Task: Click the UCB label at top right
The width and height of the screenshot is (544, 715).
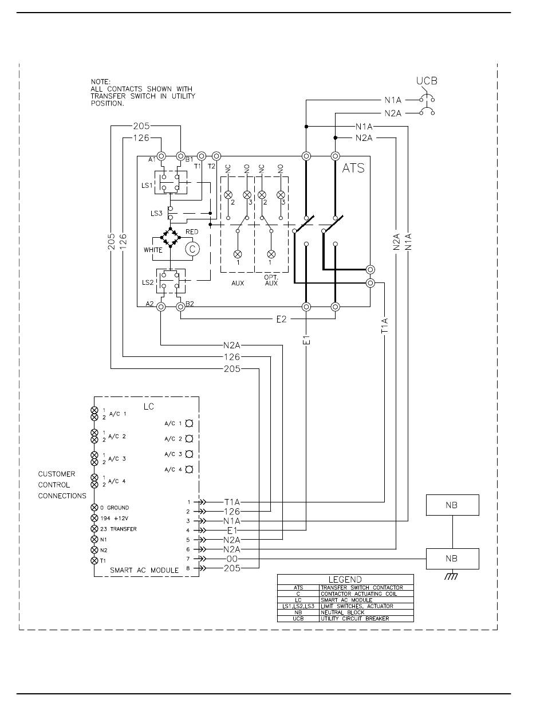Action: tap(427, 81)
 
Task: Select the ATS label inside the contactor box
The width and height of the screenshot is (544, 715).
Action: tap(353, 168)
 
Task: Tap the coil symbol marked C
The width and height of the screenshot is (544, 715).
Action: tap(192, 249)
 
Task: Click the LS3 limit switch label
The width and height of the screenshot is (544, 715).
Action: tap(156, 213)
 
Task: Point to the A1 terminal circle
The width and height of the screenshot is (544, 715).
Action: tap(161, 156)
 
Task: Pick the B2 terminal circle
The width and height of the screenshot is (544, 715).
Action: tap(180, 307)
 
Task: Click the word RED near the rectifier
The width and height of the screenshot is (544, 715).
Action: tap(192, 231)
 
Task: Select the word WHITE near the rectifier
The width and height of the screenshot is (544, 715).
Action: tap(153, 250)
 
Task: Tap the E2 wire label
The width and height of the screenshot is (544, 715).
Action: tap(281, 319)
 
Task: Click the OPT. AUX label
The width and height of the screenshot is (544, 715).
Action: tap(271, 280)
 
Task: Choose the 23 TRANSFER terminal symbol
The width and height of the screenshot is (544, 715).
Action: tap(94, 529)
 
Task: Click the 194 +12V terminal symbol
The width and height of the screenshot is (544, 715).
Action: tap(94, 518)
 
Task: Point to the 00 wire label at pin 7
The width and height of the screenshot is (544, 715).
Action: tap(232, 559)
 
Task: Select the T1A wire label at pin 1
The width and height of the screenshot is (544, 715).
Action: tap(232, 502)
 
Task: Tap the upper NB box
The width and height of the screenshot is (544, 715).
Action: tap(452, 505)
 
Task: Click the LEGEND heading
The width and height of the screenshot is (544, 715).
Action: tap(345, 579)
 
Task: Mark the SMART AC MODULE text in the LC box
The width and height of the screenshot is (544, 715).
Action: tap(144, 571)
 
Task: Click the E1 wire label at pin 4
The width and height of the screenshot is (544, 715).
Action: tap(232, 531)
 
